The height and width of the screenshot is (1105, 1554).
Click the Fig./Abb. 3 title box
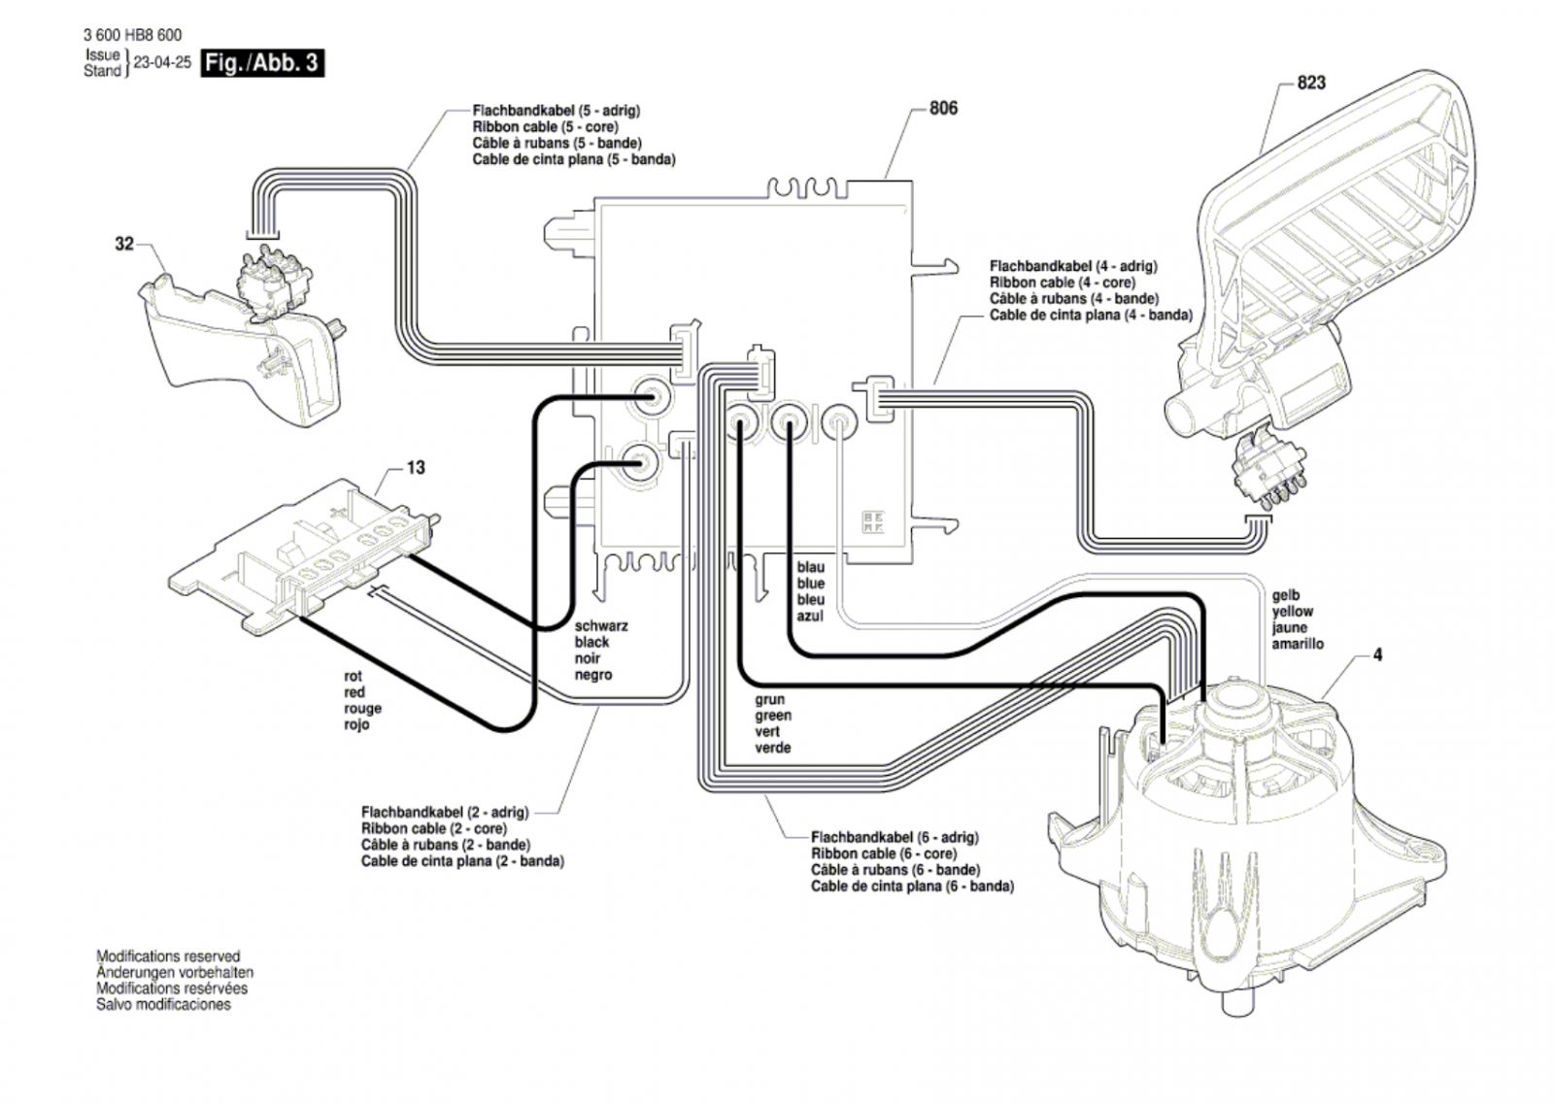coord(261,63)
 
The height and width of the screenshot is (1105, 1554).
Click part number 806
coord(943,108)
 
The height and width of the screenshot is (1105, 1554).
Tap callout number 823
coord(1310,83)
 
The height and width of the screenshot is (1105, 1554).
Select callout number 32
coord(124,244)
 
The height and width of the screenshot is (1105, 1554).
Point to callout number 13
coord(416,468)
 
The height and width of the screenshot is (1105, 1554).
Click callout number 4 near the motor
coord(1377,655)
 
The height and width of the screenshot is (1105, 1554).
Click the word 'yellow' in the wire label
coord(1292,612)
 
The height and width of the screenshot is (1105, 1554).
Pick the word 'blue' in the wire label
coord(811,584)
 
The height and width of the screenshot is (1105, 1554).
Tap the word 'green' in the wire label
coord(773,716)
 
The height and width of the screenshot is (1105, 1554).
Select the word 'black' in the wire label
coord(592,642)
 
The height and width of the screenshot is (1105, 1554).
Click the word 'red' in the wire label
coord(355,692)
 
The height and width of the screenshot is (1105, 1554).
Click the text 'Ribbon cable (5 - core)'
coord(545,127)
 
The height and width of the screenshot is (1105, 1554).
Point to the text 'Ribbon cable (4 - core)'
coord(1062,283)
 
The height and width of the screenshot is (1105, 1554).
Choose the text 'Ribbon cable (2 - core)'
coord(434,829)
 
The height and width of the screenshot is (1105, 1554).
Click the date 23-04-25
coord(162,62)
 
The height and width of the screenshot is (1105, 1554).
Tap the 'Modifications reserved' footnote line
coord(168,956)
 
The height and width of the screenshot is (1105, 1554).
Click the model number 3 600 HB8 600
coord(132,36)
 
